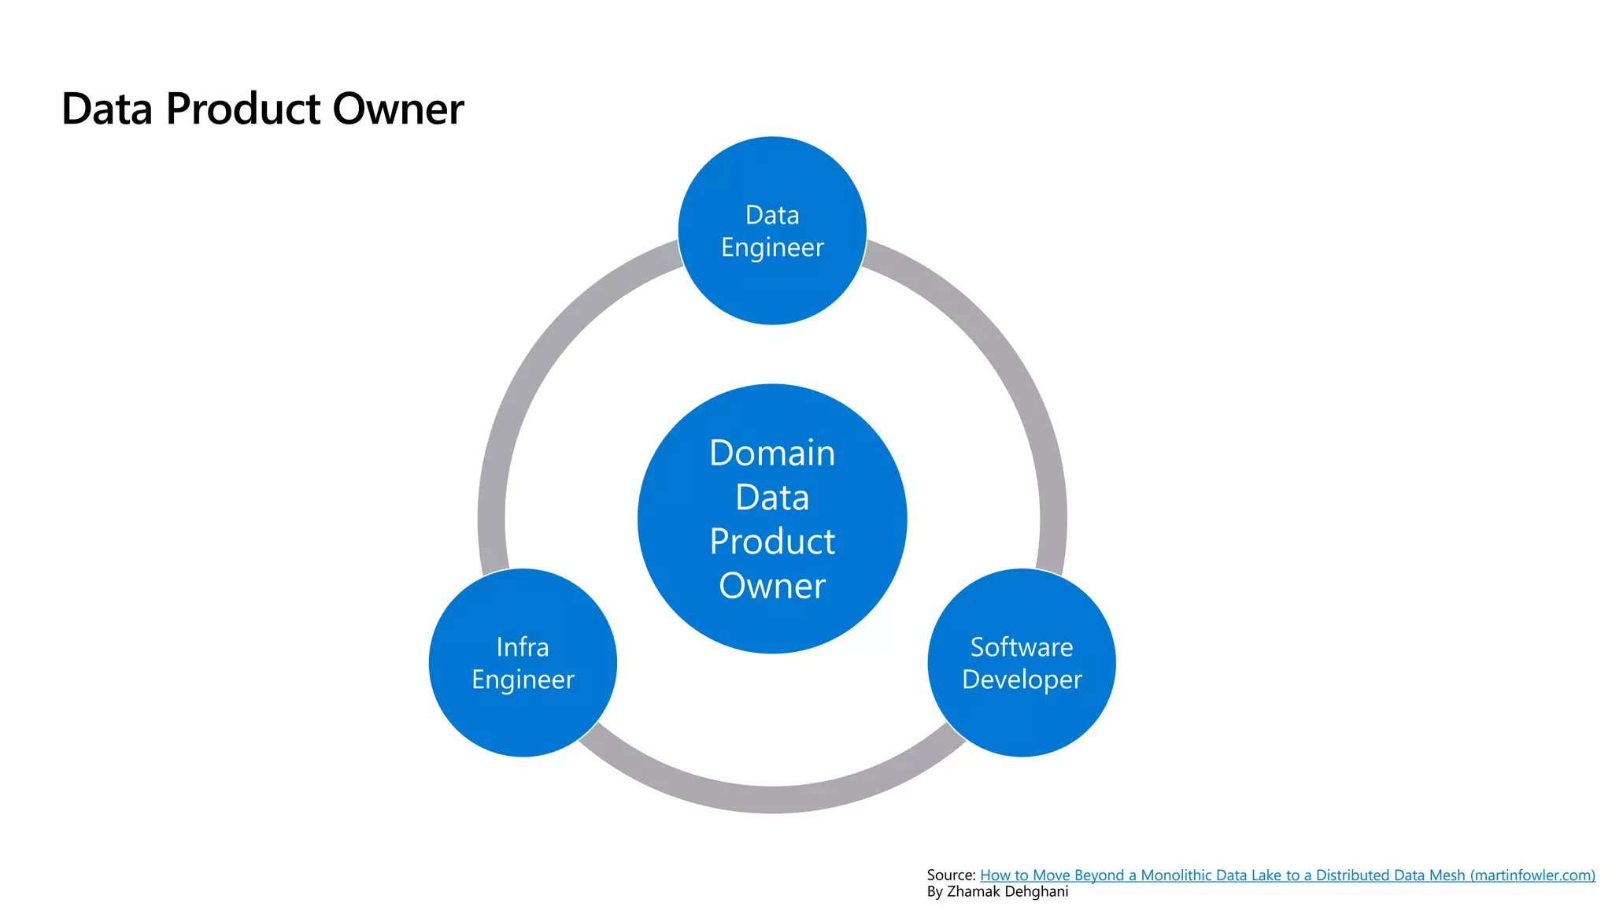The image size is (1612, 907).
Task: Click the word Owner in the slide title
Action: click(397, 109)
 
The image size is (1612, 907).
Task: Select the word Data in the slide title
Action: click(107, 109)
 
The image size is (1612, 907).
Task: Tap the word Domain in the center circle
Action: click(772, 453)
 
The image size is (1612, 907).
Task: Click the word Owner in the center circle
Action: click(772, 586)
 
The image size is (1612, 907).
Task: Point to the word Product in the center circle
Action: click(772, 542)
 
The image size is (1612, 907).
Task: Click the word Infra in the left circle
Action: click(523, 647)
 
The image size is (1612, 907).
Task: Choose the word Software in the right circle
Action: click(1022, 647)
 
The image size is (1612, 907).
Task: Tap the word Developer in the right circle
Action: click(1022, 679)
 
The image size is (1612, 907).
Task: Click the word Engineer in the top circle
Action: click(772, 247)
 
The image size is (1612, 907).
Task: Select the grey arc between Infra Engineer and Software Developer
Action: click(772, 799)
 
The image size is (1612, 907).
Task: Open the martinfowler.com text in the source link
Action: click(1533, 876)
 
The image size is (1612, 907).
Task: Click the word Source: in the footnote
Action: click(951, 876)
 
